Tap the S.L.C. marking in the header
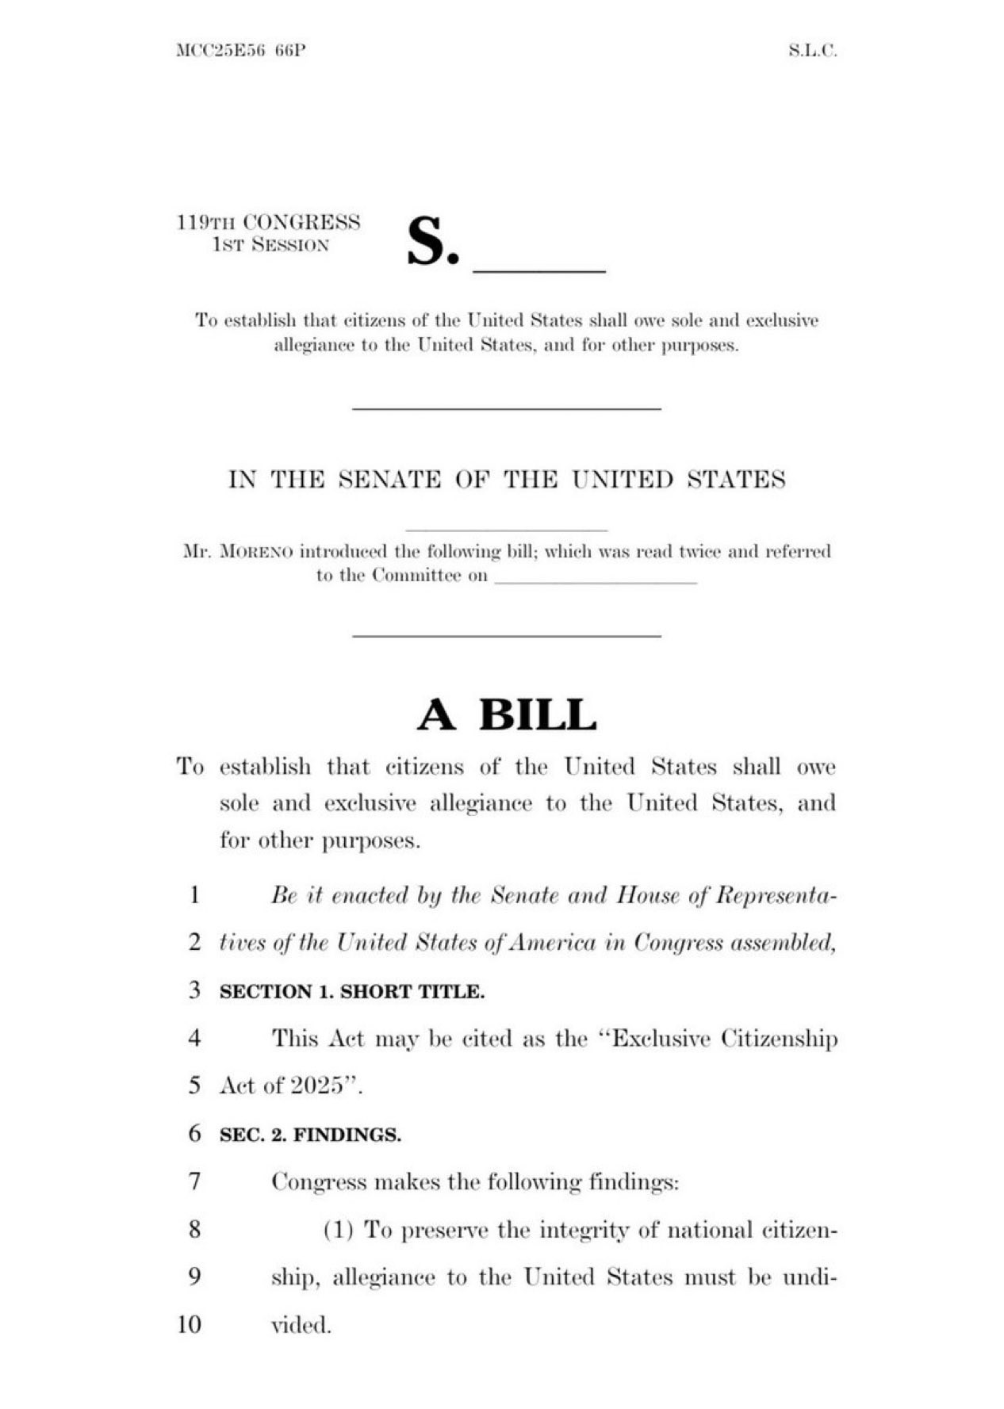pos(813,52)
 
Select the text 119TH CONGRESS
pos(268,222)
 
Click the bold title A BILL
pos(507,715)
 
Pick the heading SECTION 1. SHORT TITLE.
pos(351,992)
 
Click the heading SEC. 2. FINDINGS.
pos(310,1135)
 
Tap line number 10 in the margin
pos(190,1324)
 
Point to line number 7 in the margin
pos(194,1181)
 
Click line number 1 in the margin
pos(194,895)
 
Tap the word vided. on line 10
pos(301,1325)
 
